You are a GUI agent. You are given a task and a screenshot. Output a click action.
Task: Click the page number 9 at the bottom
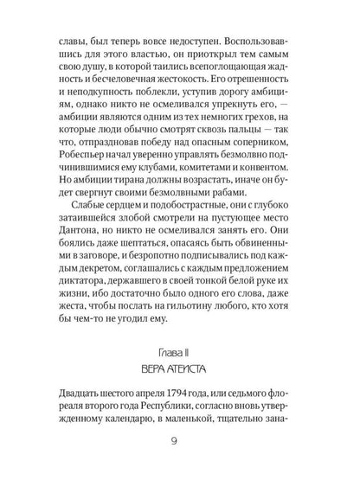point(179,449)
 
